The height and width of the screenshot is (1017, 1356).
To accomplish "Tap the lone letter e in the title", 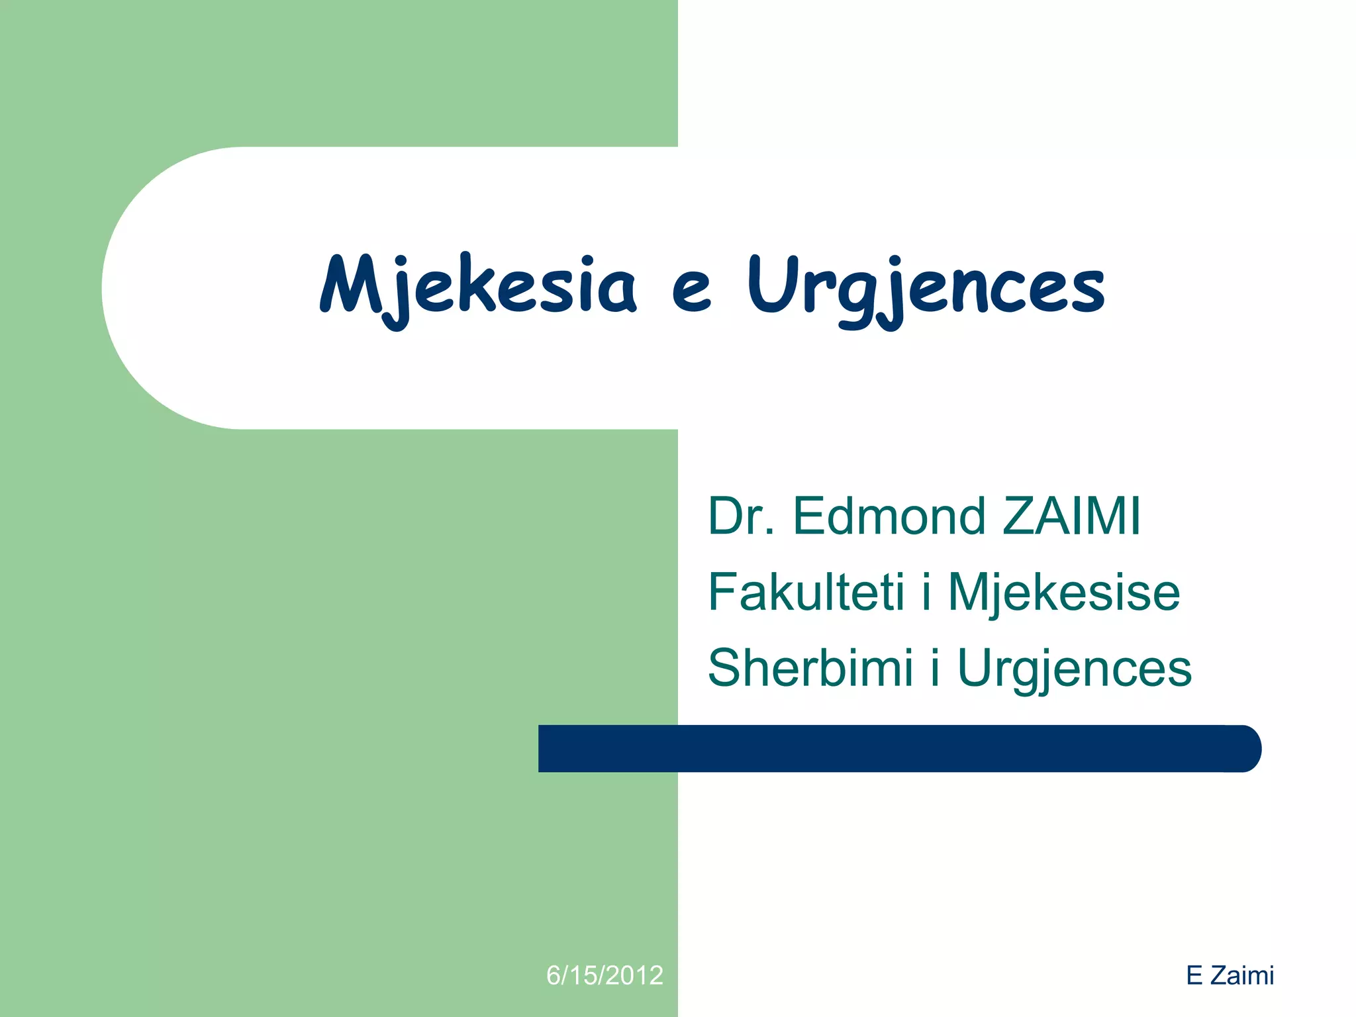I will (691, 291).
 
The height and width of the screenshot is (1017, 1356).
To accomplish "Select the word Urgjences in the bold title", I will (926, 289).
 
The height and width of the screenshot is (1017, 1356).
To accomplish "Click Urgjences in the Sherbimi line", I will (1074, 668).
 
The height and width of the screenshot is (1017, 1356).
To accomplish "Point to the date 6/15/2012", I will (605, 975).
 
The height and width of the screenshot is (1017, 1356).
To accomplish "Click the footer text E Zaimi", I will (1230, 975).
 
